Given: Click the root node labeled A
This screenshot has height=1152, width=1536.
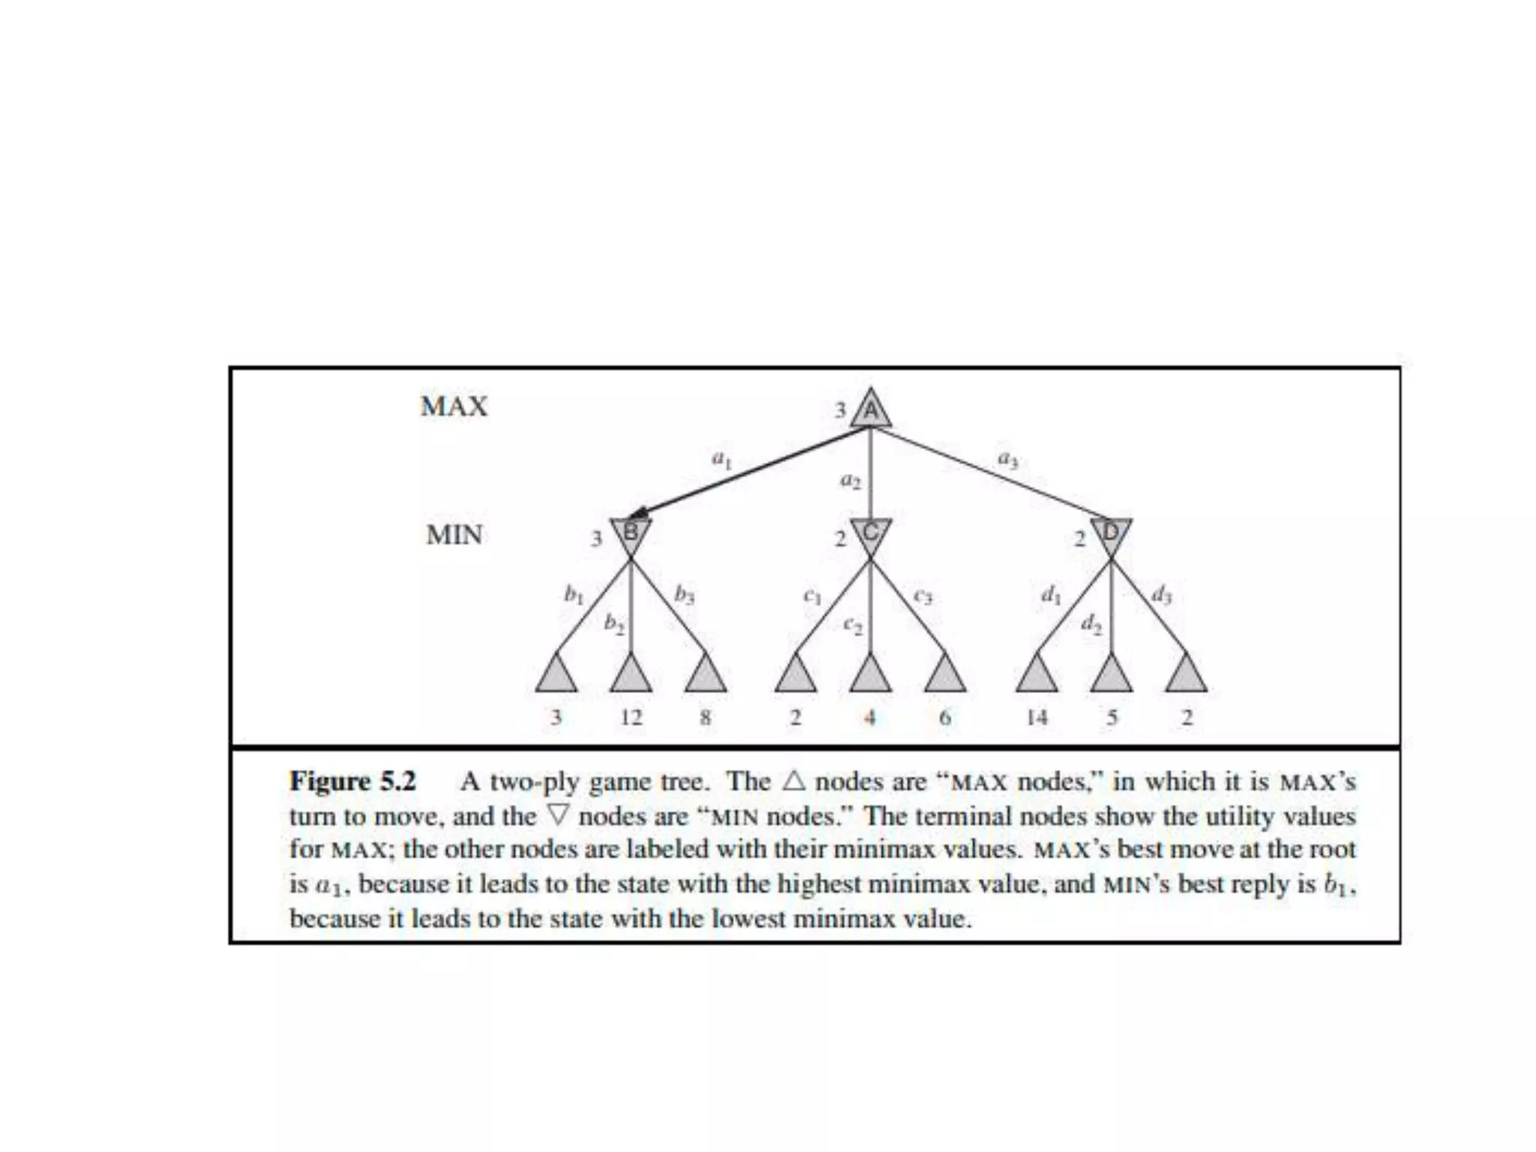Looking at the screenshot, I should [870, 410].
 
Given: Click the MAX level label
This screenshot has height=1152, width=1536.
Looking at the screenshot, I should [454, 406].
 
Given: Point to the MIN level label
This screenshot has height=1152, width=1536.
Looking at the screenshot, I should [454, 535].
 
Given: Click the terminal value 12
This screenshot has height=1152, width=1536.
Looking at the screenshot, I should [631, 718].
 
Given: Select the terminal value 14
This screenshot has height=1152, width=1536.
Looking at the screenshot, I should [1036, 718].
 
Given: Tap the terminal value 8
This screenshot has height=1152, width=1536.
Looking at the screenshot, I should [705, 718].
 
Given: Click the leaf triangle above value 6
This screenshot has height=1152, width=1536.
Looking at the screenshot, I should [945, 675].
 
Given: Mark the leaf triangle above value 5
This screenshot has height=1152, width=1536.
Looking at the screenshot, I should [1111, 675].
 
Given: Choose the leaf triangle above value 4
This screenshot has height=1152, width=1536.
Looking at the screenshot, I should [870, 675].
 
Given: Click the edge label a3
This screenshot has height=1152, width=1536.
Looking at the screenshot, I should [1007, 459].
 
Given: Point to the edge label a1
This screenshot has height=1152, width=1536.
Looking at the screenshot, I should [721, 459].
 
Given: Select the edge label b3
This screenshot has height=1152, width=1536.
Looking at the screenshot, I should [684, 595].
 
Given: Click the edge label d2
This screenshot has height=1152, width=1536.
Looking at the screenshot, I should [1091, 623].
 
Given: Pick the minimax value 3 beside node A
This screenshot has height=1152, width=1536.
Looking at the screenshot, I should [841, 410].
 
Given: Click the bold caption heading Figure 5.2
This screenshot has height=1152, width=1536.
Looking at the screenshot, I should [352, 781].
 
